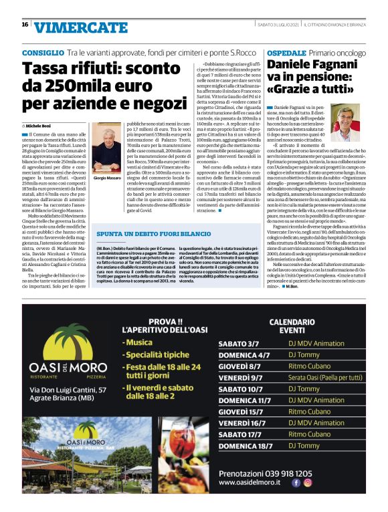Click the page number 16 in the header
[25, 25]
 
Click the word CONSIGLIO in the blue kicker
[43, 52]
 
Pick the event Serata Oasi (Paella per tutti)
[326, 378]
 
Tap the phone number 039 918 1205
[290, 472]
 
